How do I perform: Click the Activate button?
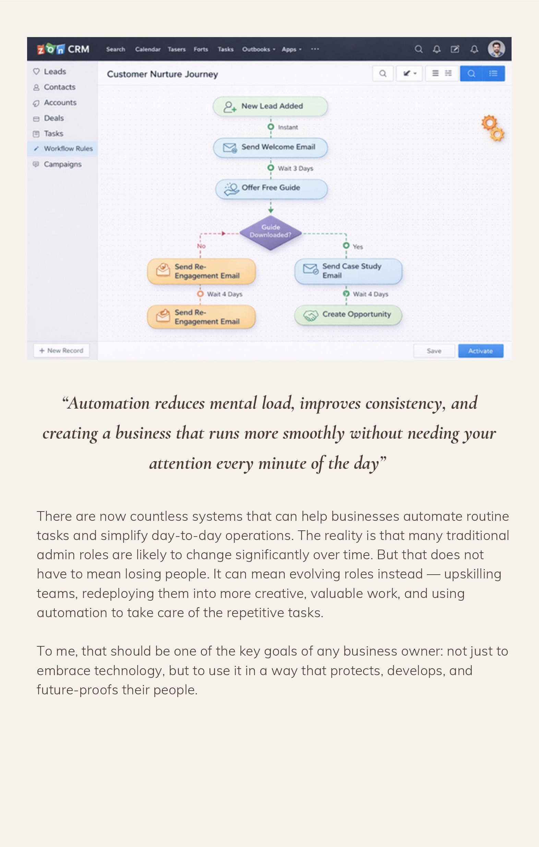480,351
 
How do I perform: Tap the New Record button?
61,350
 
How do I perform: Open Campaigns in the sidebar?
62,164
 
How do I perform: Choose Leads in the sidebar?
55,71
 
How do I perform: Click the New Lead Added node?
271,106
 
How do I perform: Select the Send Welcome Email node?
271,148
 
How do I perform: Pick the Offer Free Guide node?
271,188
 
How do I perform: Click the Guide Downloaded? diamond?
271,232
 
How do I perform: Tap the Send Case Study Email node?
348,271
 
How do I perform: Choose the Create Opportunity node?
348,315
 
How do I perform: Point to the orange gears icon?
493,128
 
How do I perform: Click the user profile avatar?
496,49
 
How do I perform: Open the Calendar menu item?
148,49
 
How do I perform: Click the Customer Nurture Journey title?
163,74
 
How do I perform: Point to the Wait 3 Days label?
295,168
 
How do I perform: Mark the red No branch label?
201,246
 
